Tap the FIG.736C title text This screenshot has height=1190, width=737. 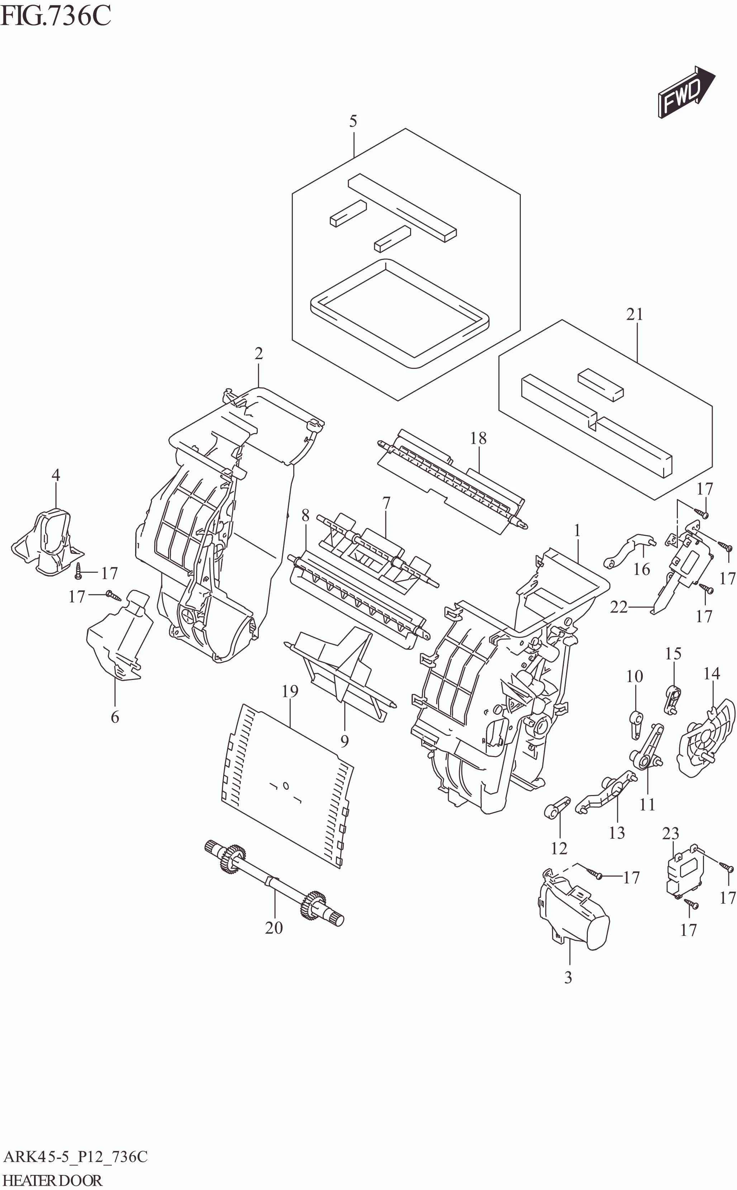56,16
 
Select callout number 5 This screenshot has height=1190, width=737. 353,121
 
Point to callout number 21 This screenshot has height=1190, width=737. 634,314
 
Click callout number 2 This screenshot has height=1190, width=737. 258,353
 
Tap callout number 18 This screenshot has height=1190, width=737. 478,438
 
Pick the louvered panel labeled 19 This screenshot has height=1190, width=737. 287,785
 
